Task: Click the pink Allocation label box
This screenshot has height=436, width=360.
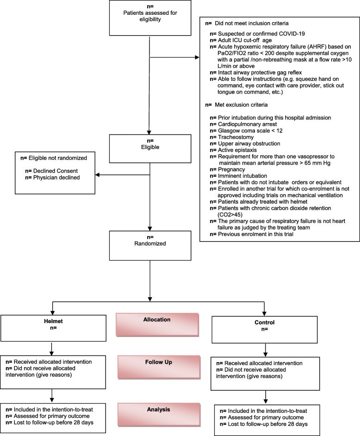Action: (157, 325)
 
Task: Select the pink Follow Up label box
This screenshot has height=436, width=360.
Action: (159, 367)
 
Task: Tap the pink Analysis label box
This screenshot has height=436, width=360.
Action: (159, 415)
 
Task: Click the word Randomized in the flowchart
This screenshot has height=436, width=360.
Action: (150, 243)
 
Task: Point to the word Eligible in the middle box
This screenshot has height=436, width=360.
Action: (150, 147)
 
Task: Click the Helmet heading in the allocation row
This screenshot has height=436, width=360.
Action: (53, 321)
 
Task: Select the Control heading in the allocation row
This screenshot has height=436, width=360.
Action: (264, 323)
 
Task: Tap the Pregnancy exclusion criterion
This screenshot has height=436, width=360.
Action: (228, 169)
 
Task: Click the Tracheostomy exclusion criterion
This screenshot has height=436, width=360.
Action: (232, 137)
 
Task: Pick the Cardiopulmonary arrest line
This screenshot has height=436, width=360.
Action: (243, 125)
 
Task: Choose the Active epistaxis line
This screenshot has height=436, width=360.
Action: (233, 150)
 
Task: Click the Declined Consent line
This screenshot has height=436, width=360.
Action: (51, 171)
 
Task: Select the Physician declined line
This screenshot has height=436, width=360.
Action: (53, 178)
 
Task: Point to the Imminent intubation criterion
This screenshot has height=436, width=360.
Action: (238, 176)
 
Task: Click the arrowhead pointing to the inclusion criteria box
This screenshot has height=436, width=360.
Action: (197, 57)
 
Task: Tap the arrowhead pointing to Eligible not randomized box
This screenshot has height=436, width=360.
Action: (98, 175)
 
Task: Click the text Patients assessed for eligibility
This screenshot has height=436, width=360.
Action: (150, 16)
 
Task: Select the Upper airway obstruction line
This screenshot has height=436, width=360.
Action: (245, 144)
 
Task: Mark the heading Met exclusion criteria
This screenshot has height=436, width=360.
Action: (236, 105)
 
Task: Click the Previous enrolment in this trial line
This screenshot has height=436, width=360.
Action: (252, 234)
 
